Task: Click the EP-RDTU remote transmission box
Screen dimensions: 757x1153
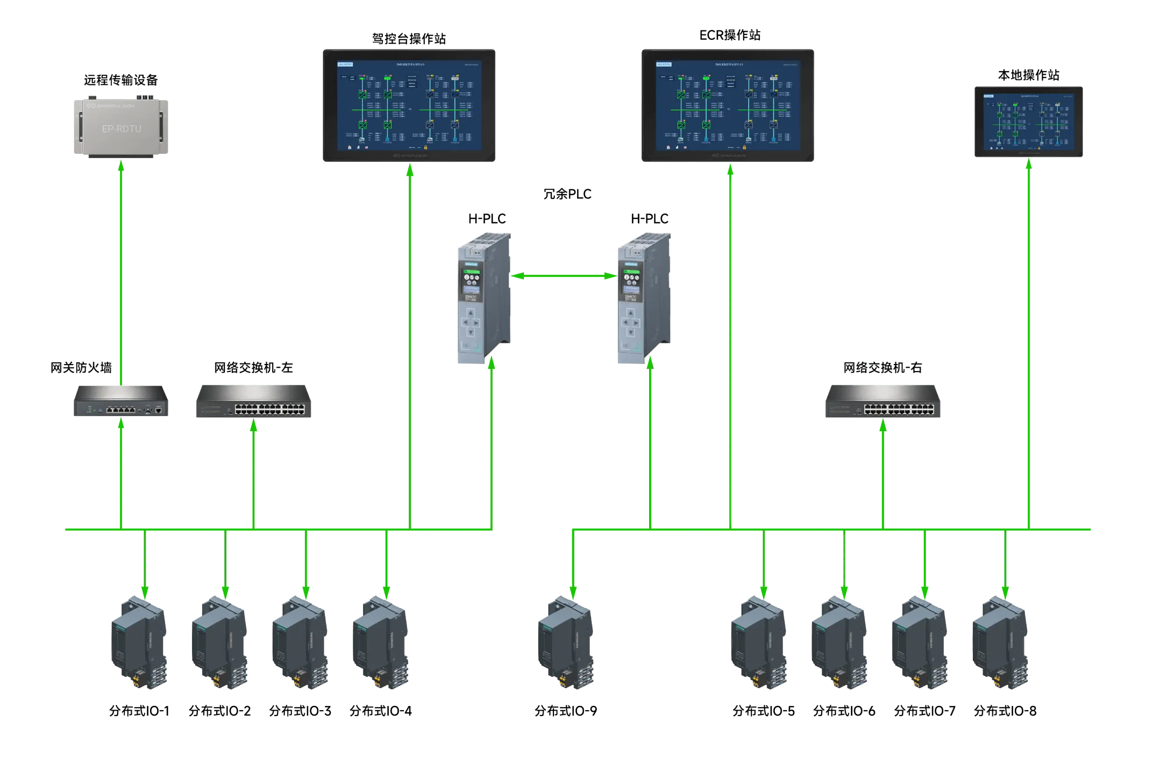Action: pyautogui.click(x=123, y=127)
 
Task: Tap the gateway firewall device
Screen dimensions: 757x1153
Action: pyautogui.click(x=123, y=401)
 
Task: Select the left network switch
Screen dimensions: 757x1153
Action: pyautogui.click(x=254, y=402)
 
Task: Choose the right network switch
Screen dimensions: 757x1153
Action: pyautogui.click(x=882, y=402)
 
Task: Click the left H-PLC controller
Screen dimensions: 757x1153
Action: pyautogui.click(x=483, y=299)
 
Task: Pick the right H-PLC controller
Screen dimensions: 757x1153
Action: pyautogui.click(x=643, y=299)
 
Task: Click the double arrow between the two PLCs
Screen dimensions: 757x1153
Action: pyautogui.click(x=564, y=276)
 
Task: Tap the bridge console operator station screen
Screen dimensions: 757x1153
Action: pyautogui.click(x=410, y=105)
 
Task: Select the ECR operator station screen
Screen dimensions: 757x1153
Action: pyautogui.click(x=729, y=105)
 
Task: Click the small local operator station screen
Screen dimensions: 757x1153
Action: pyautogui.click(x=1028, y=123)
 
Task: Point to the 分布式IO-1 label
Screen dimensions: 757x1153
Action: pyautogui.click(x=140, y=711)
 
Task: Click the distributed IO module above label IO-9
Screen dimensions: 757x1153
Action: pyautogui.click(x=566, y=643)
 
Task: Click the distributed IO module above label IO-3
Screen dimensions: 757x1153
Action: pyautogui.click(x=300, y=643)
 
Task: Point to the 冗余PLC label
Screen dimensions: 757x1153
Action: pyautogui.click(x=567, y=194)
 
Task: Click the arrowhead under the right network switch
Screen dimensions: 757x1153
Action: pyautogui.click(x=882, y=428)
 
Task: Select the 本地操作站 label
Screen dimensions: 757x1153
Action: pyautogui.click(x=1029, y=75)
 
